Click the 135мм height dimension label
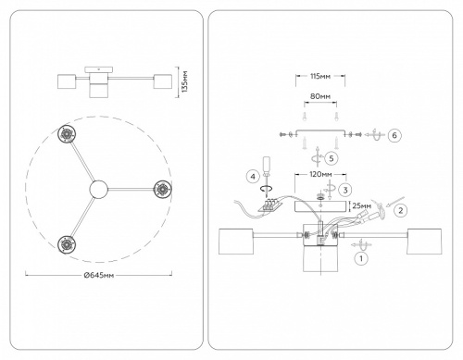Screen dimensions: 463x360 click(x=184, y=81)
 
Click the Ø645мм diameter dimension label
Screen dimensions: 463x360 click(x=99, y=275)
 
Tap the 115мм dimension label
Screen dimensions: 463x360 click(x=320, y=76)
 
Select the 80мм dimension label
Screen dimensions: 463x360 click(x=320, y=96)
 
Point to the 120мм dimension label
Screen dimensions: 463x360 click(x=320, y=175)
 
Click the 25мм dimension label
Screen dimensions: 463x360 click(x=362, y=205)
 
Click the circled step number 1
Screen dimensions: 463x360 click(x=361, y=258)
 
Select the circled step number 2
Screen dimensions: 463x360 click(x=401, y=210)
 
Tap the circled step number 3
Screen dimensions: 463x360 click(x=345, y=190)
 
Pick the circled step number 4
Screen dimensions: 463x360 click(x=253, y=177)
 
